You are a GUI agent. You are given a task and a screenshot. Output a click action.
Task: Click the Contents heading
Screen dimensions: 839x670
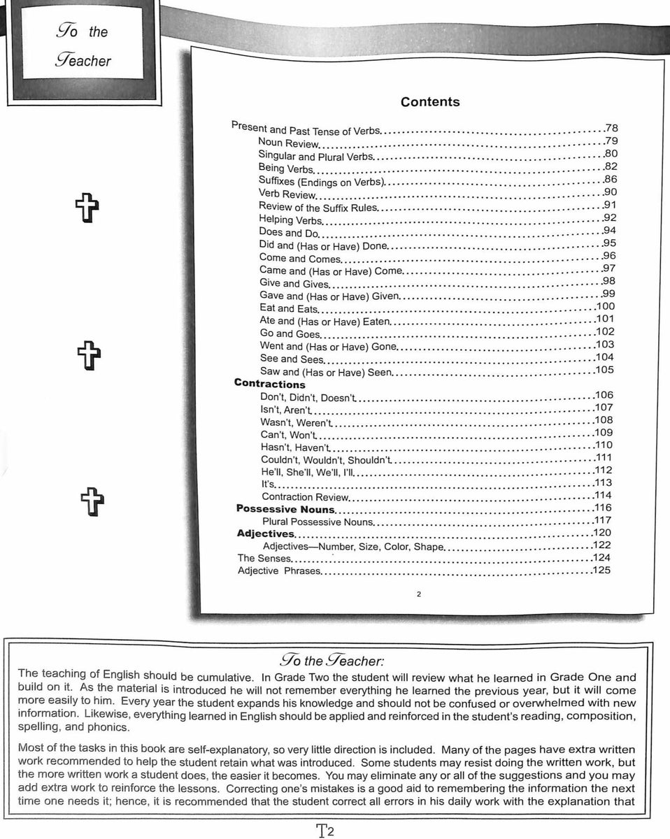(x=430, y=102)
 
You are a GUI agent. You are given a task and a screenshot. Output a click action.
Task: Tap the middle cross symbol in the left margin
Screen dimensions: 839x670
(x=89, y=356)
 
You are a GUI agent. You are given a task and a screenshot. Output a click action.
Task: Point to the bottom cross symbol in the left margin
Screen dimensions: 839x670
(x=92, y=501)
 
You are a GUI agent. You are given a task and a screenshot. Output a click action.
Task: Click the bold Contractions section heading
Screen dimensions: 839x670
(x=270, y=385)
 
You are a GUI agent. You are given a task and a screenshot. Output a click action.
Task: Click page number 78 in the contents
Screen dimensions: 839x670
(x=612, y=129)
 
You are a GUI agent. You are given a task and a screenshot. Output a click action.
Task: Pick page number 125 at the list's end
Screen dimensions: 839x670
(x=601, y=571)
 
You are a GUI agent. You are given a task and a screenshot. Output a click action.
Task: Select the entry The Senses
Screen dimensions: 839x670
(x=264, y=558)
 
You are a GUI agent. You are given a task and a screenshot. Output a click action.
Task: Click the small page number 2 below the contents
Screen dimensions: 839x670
(x=418, y=595)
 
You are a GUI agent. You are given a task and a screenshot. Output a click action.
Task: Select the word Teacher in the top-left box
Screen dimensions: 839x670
(x=83, y=60)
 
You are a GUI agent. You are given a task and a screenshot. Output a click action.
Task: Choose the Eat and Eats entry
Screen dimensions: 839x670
(x=288, y=308)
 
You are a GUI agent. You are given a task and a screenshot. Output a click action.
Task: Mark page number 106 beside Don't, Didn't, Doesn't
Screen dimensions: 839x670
(x=604, y=396)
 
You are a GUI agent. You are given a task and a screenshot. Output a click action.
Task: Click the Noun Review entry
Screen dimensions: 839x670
(x=288, y=143)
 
